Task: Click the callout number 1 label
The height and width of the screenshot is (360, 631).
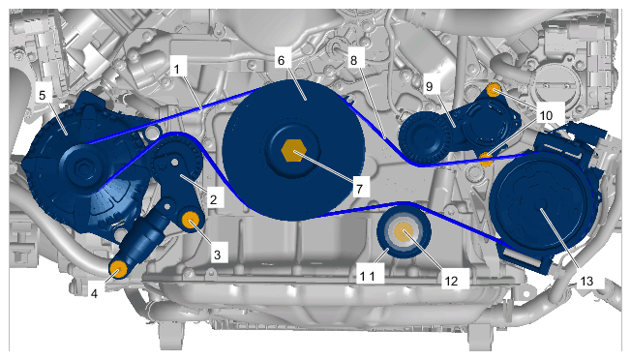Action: point(177,69)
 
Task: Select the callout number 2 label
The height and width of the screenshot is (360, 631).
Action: point(213,198)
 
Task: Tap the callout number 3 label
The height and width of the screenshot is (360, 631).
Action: point(218,255)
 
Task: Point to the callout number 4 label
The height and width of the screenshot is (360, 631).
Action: point(94,293)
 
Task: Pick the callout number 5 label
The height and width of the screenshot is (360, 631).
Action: point(43,96)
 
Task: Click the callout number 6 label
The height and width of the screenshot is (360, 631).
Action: point(281,60)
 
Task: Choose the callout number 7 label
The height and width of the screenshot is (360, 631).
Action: point(359,189)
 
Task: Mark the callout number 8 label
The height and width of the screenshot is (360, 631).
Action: point(353,60)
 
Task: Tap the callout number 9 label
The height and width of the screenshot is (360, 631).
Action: point(429,86)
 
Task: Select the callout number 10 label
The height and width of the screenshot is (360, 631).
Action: point(546,115)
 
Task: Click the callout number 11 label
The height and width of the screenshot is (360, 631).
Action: point(367,277)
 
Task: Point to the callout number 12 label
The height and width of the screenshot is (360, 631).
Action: point(451,281)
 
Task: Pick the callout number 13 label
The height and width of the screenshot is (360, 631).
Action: point(586,281)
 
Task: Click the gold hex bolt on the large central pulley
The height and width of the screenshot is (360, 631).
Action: point(294,151)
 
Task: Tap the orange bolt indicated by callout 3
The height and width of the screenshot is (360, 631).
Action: point(191,220)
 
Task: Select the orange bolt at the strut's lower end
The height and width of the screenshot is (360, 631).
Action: point(118,269)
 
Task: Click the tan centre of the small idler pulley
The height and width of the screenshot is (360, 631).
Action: point(404,233)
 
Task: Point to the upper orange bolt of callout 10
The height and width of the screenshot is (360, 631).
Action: point(494,90)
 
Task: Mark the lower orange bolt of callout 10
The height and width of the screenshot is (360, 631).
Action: point(487,159)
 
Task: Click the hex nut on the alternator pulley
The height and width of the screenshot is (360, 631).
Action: point(83,168)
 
